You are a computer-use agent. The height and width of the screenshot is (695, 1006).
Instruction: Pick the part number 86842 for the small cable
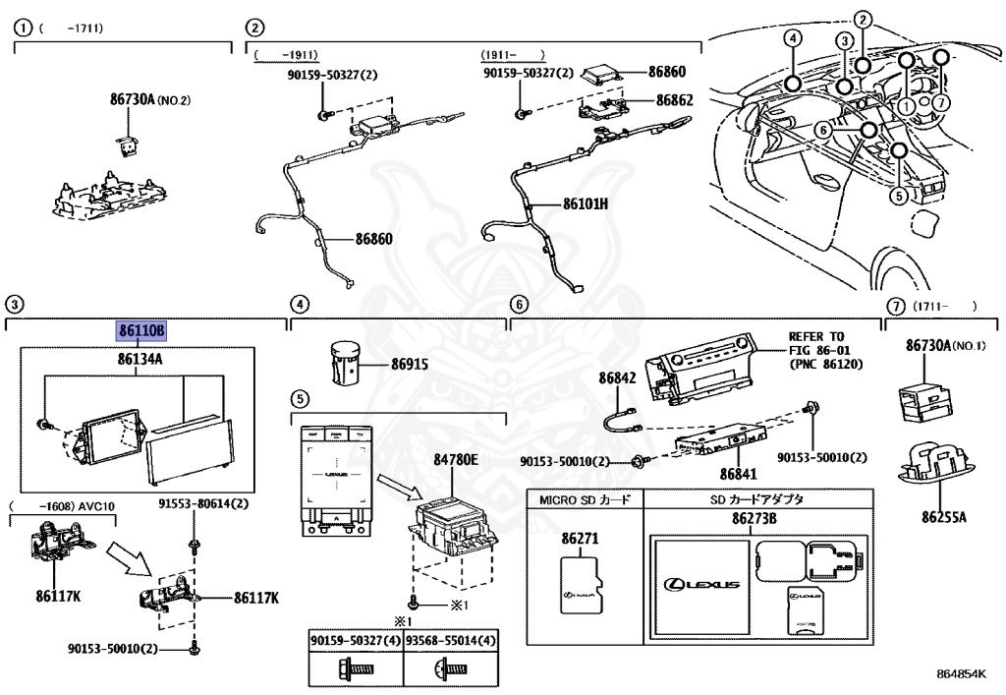[x=618, y=378]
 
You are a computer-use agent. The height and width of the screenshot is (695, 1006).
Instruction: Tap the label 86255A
[x=943, y=516]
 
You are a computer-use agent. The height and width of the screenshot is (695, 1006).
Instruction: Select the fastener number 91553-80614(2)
[x=204, y=504]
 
